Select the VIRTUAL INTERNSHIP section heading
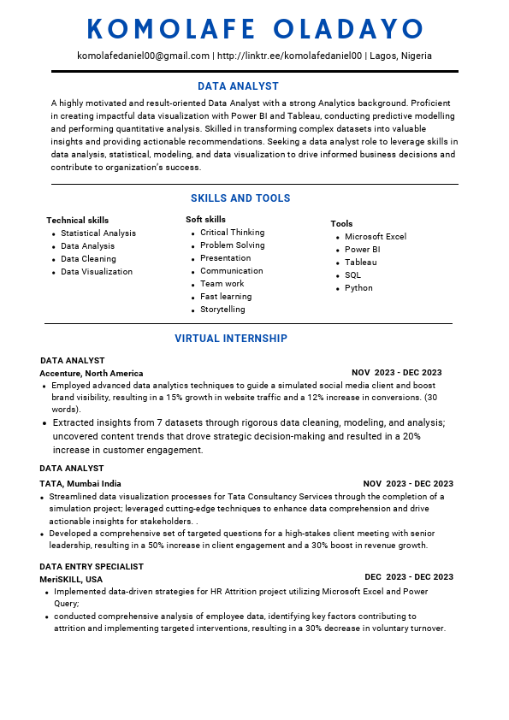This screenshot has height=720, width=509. pos(231,339)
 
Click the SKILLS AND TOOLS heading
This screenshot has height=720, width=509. pos(240,198)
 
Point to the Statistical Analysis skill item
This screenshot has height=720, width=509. pos(98,233)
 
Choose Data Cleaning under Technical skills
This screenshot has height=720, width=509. pos(88,259)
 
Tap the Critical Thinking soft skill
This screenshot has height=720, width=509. pos(232,233)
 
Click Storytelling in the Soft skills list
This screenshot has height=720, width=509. pos(222,310)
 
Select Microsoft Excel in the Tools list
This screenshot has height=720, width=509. pos(375,237)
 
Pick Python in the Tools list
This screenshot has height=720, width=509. pos(358,288)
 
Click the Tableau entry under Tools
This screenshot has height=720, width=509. pos(360,263)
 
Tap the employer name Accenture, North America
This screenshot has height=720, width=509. pos(92,374)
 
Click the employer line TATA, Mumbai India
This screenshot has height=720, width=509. pos(80,484)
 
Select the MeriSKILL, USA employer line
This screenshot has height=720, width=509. pos(71,579)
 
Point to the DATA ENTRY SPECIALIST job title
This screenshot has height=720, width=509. pos(92,567)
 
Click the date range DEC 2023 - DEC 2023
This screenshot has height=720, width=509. pos(408,577)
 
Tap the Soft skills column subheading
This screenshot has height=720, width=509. pos(205,220)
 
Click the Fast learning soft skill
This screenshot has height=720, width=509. pos(226,297)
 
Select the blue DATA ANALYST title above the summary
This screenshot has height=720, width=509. pos(238,86)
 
